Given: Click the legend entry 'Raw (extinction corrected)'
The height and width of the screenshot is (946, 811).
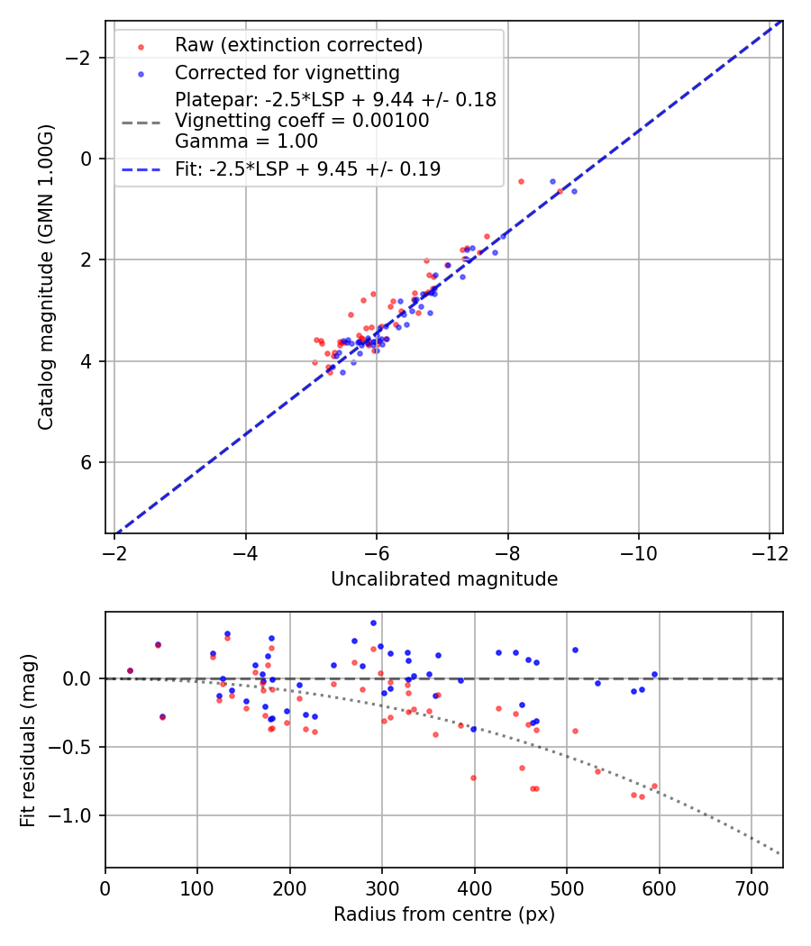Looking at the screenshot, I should (x=298, y=45).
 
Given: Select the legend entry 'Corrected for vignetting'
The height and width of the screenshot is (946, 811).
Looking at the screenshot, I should (x=287, y=72).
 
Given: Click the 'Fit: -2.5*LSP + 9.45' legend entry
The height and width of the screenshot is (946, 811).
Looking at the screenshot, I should (x=307, y=169).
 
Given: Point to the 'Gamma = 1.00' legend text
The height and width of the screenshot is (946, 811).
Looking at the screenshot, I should (x=246, y=141).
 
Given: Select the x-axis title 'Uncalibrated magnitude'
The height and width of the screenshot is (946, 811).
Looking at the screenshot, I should (x=444, y=579).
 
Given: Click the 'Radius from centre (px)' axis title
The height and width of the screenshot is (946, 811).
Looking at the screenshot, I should (x=444, y=914).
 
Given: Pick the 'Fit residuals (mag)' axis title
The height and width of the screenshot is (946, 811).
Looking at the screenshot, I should (x=27, y=740).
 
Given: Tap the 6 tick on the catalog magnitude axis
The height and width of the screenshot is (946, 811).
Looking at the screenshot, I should (x=87, y=462).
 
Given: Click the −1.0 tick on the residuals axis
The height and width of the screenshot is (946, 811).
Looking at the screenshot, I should (x=77, y=815).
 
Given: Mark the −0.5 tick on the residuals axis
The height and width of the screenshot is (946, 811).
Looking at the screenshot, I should (x=77, y=747).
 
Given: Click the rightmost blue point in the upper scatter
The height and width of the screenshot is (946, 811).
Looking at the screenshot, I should (x=574, y=191).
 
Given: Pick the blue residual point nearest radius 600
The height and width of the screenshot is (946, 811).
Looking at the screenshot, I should (x=654, y=674).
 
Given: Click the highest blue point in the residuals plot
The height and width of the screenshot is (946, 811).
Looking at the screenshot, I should (x=373, y=623).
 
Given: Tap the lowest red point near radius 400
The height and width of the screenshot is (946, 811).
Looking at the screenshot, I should (x=473, y=778).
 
